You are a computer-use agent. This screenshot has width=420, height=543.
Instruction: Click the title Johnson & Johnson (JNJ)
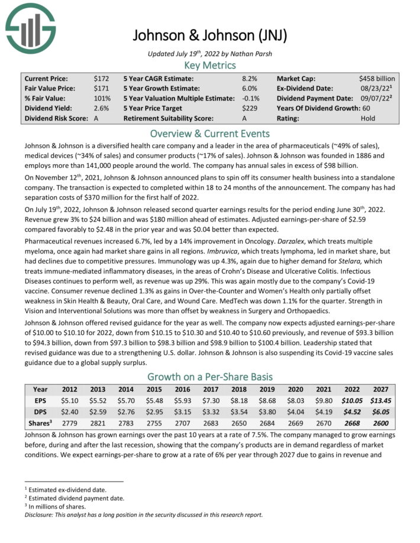pos(210,35)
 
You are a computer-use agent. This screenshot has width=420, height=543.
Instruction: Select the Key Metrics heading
pos(210,65)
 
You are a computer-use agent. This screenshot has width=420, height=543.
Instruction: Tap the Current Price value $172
pos(101,78)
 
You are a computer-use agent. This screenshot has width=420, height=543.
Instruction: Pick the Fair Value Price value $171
pos(101,88)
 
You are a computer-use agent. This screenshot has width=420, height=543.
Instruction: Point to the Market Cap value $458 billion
pos(377,78)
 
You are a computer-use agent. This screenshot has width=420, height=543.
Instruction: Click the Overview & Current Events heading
pos(210,133)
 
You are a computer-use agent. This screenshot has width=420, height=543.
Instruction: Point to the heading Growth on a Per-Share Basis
pos(210,376)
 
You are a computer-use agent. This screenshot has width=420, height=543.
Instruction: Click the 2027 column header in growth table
pos(379,390)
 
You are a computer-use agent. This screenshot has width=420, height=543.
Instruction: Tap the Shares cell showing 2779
pos(69,424)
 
